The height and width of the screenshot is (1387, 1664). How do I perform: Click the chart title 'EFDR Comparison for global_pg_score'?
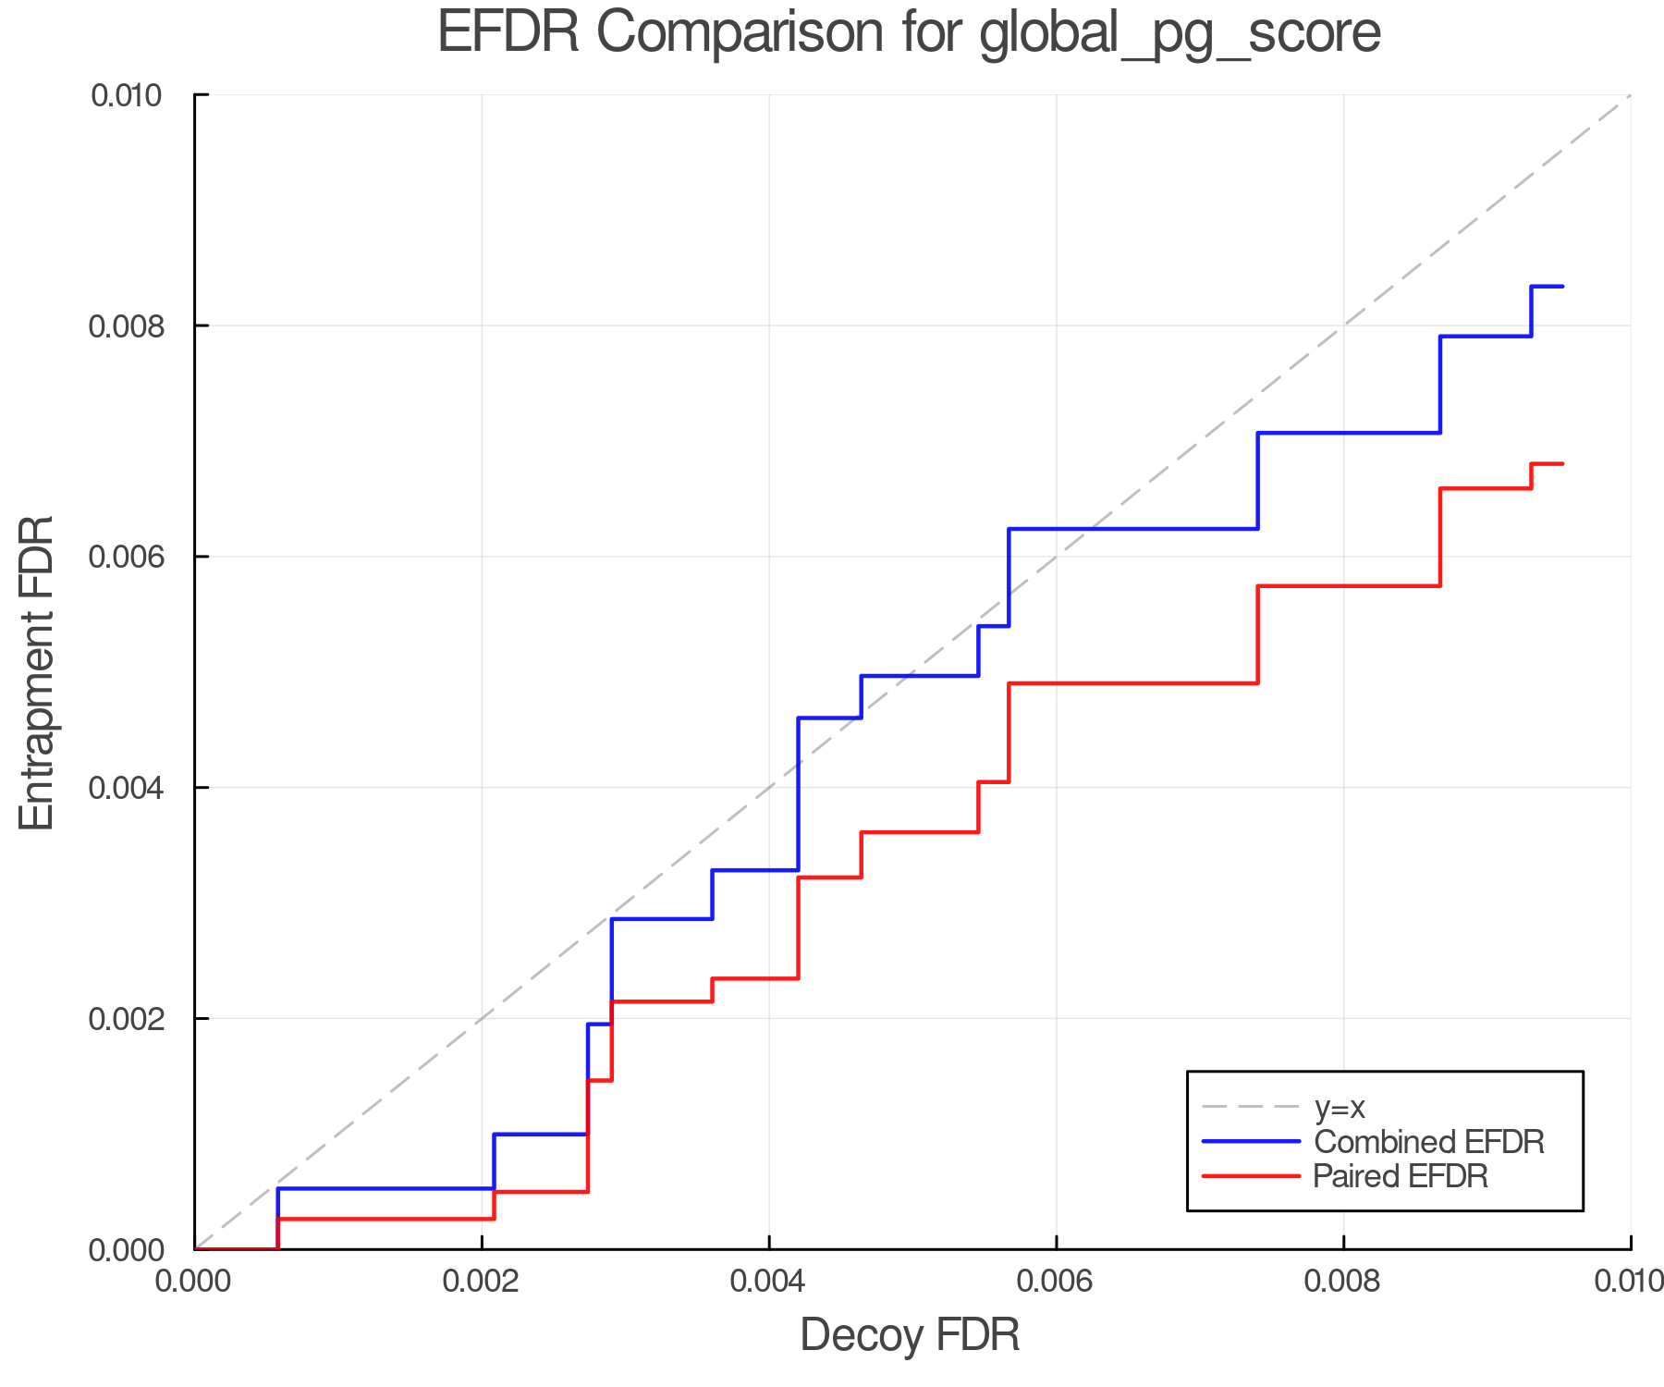click(909, 33)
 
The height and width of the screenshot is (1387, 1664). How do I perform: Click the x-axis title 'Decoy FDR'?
click(910, 1335)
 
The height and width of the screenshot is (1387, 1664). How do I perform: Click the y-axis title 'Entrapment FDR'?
click(37, 672)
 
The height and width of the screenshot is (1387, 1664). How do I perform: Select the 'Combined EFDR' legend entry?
click(1428, 1142)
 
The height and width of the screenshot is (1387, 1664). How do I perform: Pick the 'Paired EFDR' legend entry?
click(1401, 1176)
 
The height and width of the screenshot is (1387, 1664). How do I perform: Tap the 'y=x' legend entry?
click(1340, 1107)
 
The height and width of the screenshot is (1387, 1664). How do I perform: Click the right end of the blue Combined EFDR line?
click(1562, 287)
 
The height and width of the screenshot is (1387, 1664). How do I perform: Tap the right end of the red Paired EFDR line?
click(1562, 463)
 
